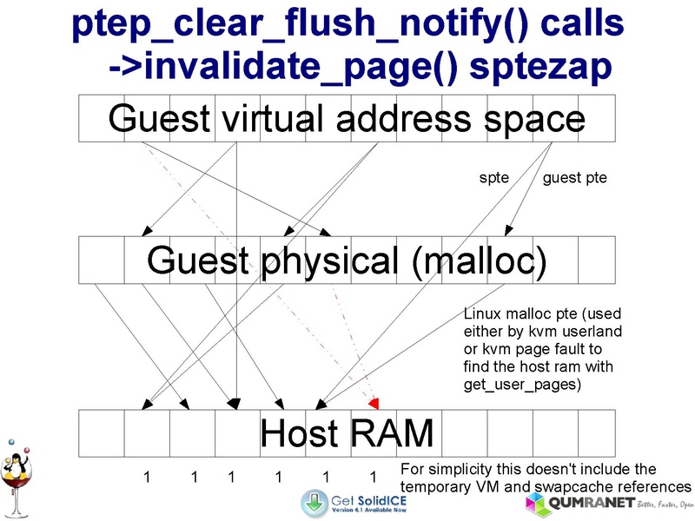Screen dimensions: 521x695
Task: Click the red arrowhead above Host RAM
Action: (x=375, y=403)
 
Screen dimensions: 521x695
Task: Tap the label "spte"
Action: (x=493, y=179)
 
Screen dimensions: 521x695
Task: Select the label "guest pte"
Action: (x=574, y=179)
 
